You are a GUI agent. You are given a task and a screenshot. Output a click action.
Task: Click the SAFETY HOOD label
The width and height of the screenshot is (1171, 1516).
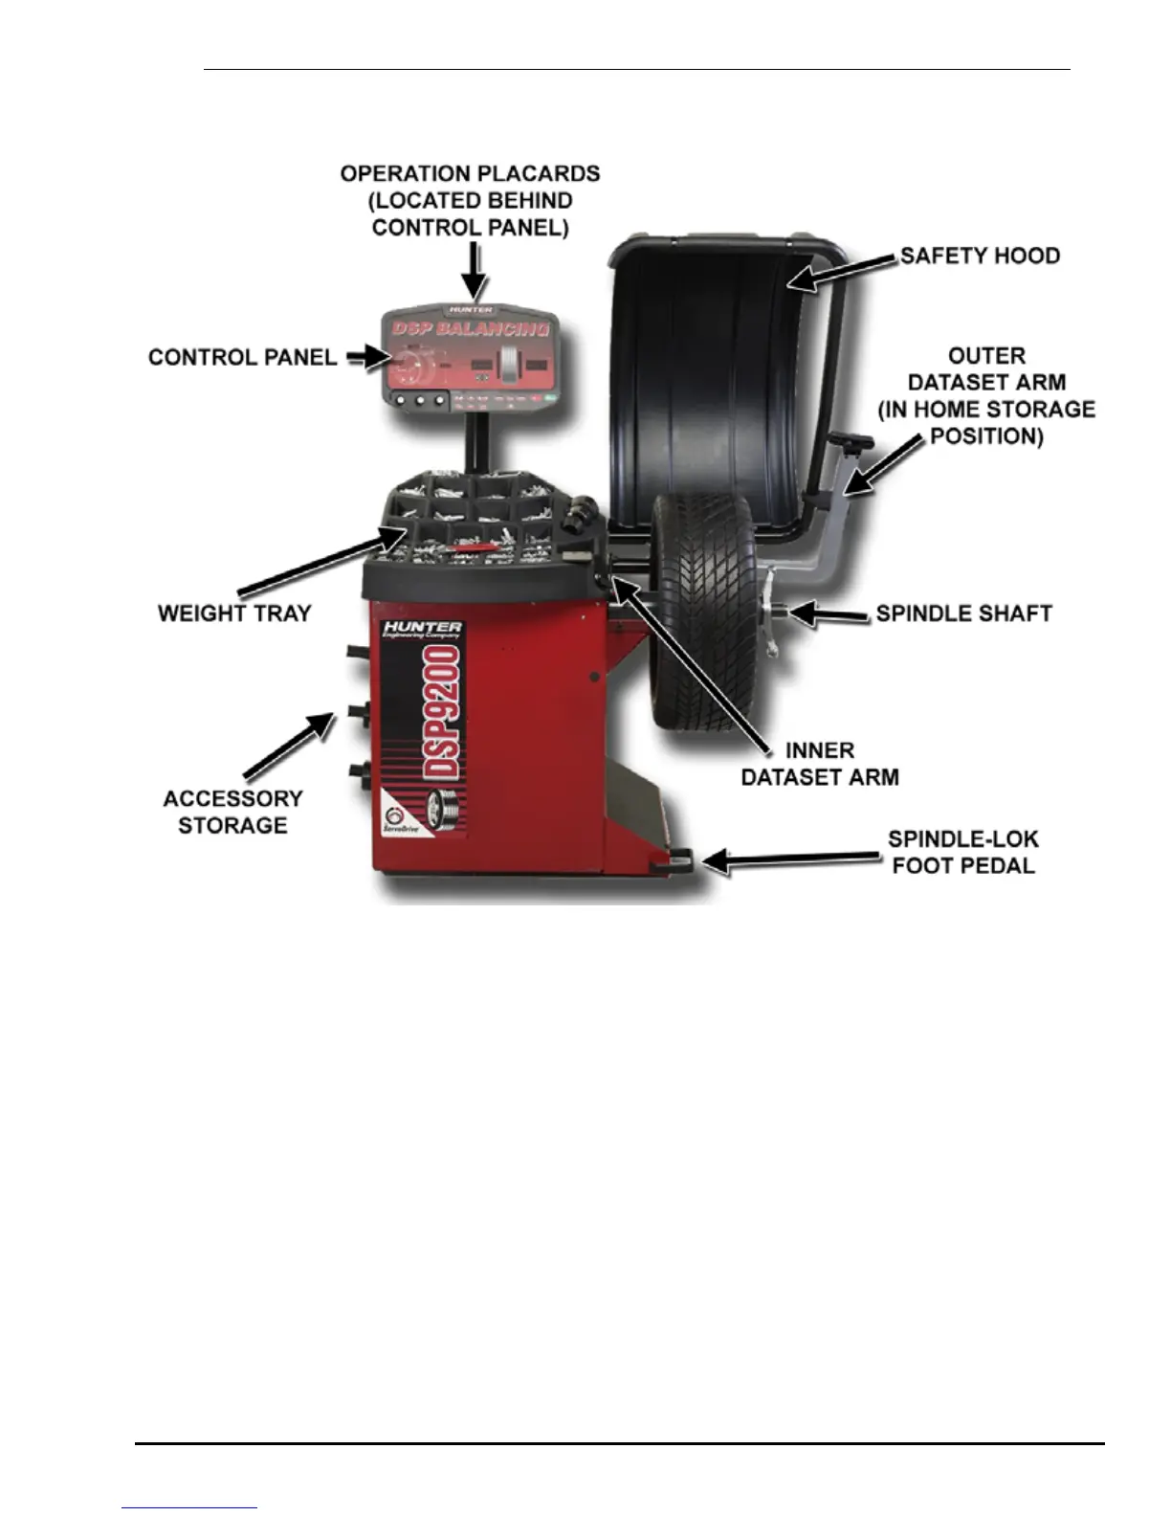coord(980,256)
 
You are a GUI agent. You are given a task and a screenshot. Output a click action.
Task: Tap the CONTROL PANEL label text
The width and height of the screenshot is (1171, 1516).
coord(242,358)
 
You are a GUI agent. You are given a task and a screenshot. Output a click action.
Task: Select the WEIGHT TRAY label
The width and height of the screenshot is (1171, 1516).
coord(234,613)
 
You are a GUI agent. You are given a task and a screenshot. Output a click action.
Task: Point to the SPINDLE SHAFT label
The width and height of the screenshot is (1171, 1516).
coord(963,613)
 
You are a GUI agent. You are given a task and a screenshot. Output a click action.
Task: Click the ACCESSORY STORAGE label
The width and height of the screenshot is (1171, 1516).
coord(232,812)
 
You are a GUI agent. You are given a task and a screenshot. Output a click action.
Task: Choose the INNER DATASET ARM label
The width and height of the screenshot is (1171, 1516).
coord(820,764)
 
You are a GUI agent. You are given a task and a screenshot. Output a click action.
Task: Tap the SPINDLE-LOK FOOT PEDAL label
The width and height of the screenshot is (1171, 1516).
coord(962,852)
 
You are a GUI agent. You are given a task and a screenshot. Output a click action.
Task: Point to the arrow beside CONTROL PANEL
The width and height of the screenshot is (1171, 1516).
coord(365,358)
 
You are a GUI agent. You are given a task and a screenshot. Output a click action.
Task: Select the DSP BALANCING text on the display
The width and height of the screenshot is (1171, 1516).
coord(471,328)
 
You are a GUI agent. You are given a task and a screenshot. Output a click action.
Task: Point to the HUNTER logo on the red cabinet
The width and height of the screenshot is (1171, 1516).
coord(422,629)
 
